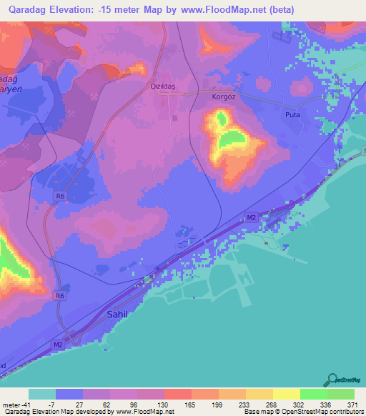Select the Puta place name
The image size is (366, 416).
pyautogui.click(x=292, y=114)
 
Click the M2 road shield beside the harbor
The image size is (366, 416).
pyautogui.click(x=251, y=217)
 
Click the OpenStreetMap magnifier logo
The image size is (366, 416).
pyautogui.click(x=332, y=378)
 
